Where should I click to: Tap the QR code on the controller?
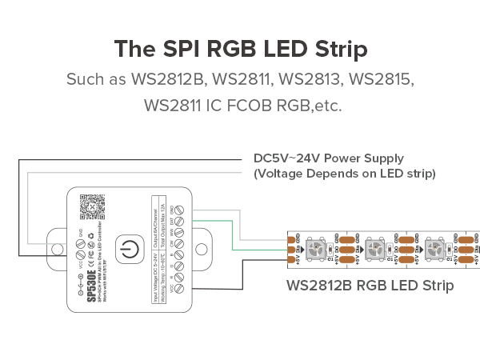coord(93,206)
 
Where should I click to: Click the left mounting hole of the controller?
coord(56,245)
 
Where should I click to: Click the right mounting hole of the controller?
coord(200,245)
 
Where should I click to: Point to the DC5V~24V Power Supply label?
coord(328,158)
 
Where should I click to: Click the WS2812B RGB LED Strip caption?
coord(370,285)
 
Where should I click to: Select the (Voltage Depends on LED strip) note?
coord(344,173)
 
